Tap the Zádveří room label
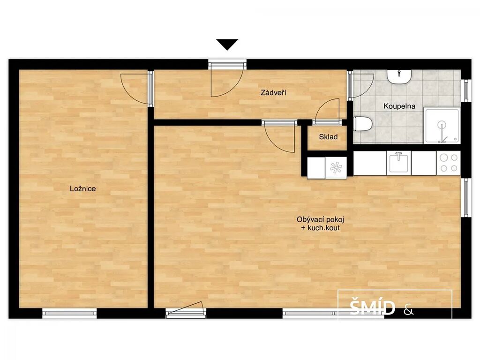tap(273, 92)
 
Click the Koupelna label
tap(399, 106)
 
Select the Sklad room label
tap(328, 137)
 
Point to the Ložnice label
tap(82, 188)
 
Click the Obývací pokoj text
tap(320, 219)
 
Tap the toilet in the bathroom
tap(363, 124)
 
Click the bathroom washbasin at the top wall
tap(399, 76)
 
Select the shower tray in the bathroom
tap(442, 126)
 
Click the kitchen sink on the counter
tap(398, 163)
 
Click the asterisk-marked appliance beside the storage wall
tap(336, 167)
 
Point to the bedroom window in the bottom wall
tap(69, 313)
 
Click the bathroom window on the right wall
tap(466, 90)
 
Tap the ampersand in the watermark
tap(409, 311)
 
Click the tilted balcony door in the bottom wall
tap(186, 307)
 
